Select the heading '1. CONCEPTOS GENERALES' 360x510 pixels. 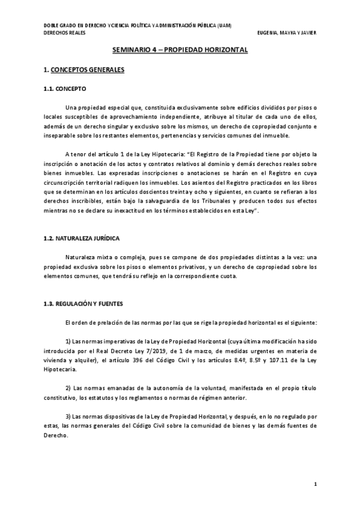pos(84,70)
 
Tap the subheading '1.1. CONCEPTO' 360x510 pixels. pos(64,88)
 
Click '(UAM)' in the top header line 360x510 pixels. pos(224,25)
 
